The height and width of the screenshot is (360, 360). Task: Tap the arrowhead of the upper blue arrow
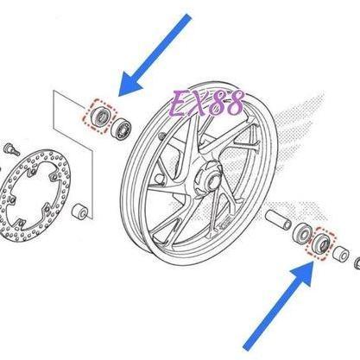(129, 86)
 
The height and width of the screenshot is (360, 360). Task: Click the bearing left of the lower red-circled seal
(301, 232)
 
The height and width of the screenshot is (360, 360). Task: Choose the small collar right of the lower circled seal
(342, 254)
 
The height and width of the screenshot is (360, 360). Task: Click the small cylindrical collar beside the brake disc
(80, 212)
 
